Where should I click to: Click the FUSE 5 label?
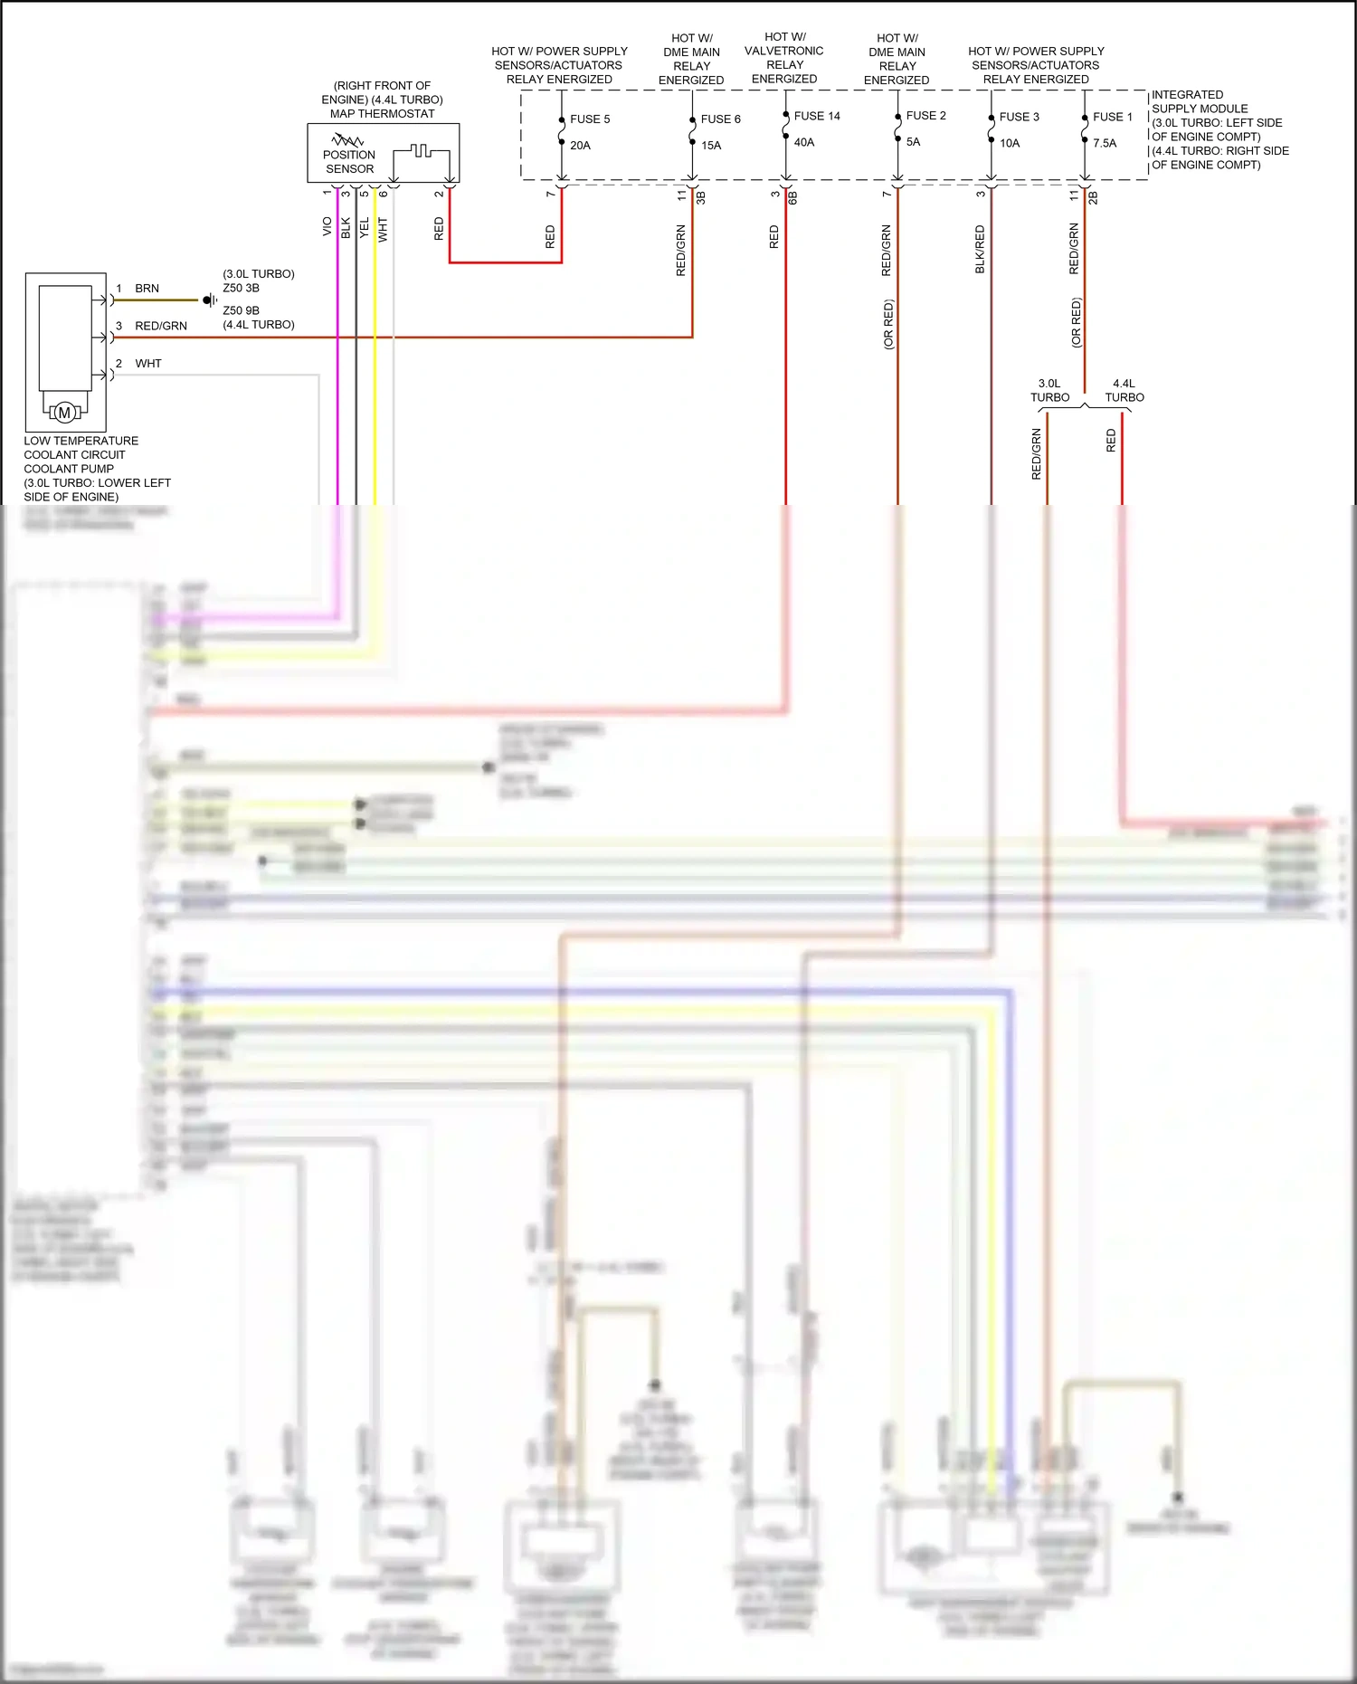pos(590,119)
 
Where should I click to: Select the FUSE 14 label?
pos(817,116)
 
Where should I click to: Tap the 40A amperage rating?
pos(804,142)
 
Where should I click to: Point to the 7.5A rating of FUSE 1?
pos(1105,143)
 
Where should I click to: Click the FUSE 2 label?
pos(925,116)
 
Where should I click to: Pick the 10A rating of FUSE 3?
pos(1010,143)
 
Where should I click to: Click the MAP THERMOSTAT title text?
pos(382,114)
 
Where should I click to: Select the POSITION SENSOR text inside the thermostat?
pos(349,162)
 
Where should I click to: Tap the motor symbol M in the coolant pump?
pos(64,413)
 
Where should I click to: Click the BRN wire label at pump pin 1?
pos(147,289)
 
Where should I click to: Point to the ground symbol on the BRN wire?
pos(210,300)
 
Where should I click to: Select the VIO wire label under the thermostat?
pos(327,226)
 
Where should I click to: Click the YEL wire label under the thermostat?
pos(365,228)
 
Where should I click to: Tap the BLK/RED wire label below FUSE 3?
pos(980,250)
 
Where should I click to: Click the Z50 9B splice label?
pos(241,310)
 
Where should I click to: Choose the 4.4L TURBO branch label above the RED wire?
pos(1124,390)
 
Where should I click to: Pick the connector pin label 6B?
pos(792,196)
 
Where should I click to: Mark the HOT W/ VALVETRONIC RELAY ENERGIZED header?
pos(784,58)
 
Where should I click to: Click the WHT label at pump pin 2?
pos(148,364)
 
